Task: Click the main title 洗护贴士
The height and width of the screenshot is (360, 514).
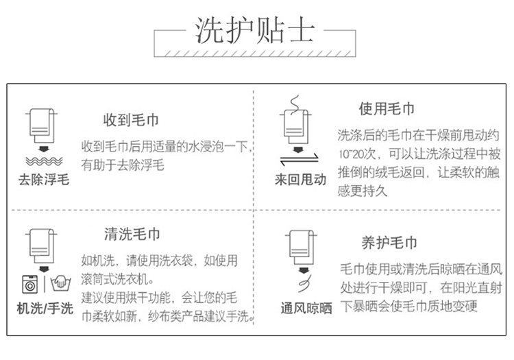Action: pyautogui.click(x=256, y=30)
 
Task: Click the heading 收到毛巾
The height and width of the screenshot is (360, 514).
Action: pyautogui.click(x=132, y=119)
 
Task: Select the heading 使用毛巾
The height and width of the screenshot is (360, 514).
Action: pyautogui.click(x=387, y=109)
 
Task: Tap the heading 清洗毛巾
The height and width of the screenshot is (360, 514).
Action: pyautogui.click(x=132, y=234)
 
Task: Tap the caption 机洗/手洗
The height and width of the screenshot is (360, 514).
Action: pyautogui.click(x=45, y=308)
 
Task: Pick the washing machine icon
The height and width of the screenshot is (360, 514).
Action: pyautogui.click(x=31, y=283)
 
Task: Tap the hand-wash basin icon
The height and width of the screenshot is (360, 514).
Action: pyautogui.click(x=60, y=283)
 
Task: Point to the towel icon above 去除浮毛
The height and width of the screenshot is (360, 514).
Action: pyautogui.click(x=42, y=124)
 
